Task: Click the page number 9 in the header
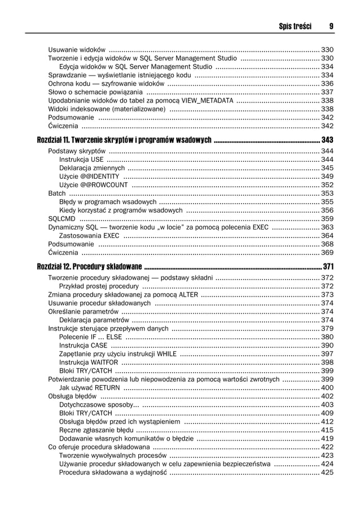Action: tap(331, 27)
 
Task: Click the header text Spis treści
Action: tap(295, 27)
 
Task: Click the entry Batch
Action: tap(57, 193)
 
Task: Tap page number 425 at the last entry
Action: tap(327, 473)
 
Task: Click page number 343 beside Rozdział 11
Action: tap(327, 139)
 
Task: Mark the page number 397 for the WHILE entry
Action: tap(327, 354)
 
